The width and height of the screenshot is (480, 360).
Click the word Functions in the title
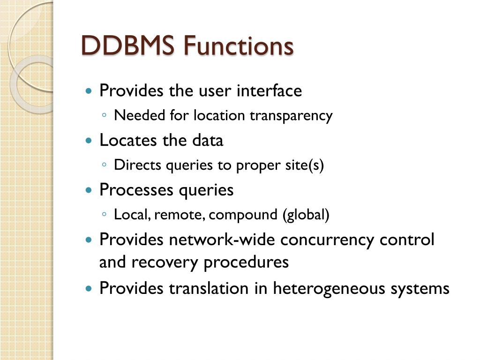point(239,46)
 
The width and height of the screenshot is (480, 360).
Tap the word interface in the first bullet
point(269,90)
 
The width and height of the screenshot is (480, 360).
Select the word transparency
point(291,115)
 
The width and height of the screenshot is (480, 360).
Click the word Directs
point(133,165)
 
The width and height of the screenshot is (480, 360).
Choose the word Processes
point(135,190)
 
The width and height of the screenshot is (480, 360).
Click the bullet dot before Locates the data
point(89,141)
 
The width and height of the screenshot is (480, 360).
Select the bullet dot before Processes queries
point(89,190)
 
